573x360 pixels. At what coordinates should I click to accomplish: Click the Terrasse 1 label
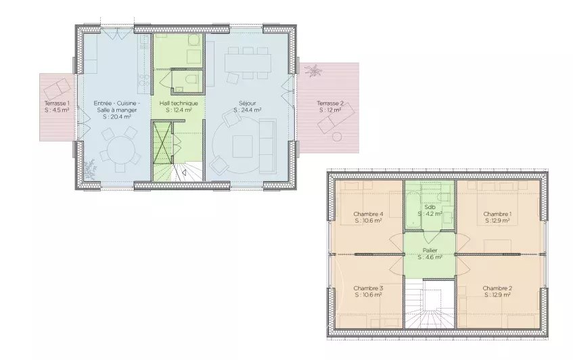point(56,104)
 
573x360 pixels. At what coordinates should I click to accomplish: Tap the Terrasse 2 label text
point(329,104)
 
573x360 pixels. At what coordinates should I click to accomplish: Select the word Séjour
point(248,104)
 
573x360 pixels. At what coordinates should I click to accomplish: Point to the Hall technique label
point(179,104)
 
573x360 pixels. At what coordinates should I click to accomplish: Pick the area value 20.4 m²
point(116,116)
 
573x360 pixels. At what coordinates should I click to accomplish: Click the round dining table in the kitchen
point(117,148)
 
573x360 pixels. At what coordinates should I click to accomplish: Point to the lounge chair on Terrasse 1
point(57,89)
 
